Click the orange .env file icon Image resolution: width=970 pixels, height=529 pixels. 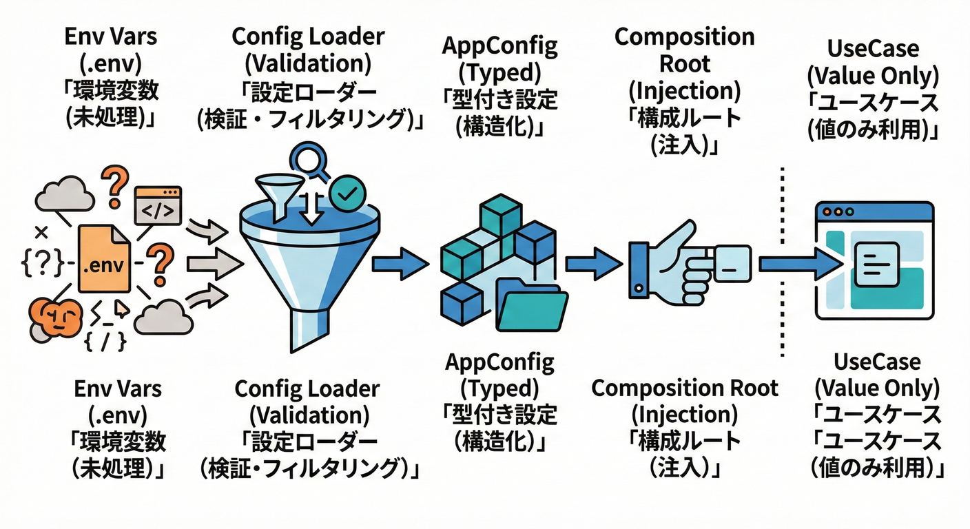(x=103, y=261)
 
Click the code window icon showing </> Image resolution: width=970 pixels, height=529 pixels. (x=158, y=205)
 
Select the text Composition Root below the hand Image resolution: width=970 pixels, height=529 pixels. (x=685, y=388)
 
